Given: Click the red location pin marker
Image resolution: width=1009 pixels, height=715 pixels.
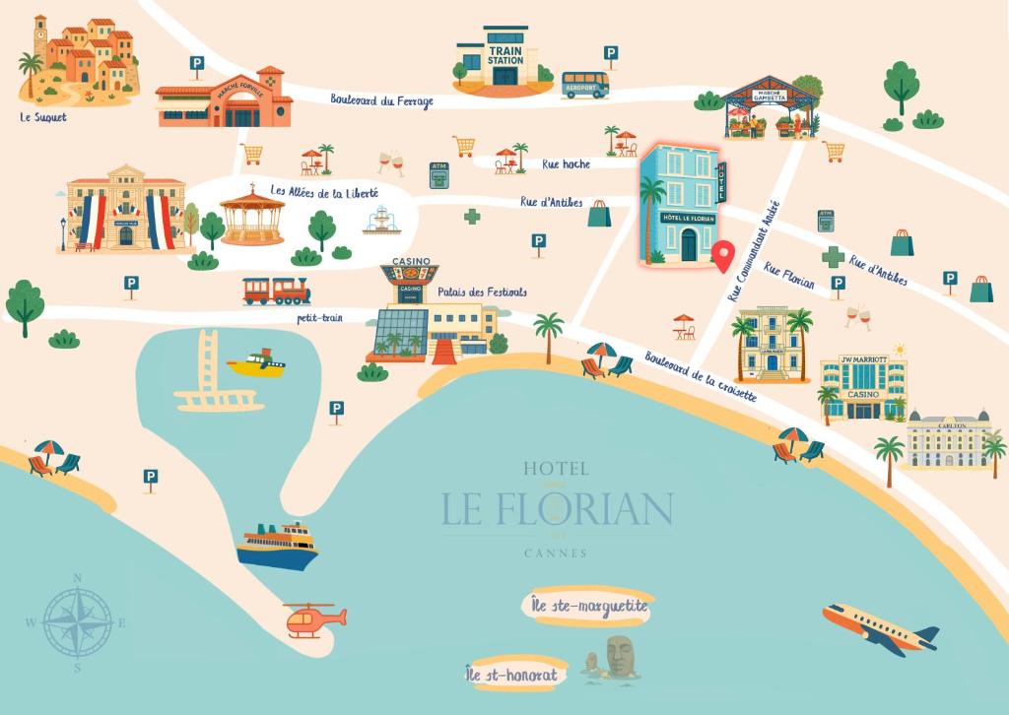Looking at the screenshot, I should click(x=723, y=255).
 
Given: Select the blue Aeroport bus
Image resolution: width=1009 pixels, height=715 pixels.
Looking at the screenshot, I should click(x=585, y=85).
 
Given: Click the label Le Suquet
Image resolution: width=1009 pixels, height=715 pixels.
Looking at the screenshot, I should click(x=43, y=116).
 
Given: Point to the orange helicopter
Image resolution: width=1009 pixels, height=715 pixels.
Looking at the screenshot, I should click(x=314, y=618).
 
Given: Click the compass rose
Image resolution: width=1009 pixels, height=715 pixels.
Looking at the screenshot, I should click(x=78, y=622).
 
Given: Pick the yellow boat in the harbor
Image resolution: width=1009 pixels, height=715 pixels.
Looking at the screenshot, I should click(x=256, y=364).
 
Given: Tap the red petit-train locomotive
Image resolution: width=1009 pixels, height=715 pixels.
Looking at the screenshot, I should click(x=276, y=290).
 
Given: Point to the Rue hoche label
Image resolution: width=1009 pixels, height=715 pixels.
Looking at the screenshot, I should click(x=566, y=164).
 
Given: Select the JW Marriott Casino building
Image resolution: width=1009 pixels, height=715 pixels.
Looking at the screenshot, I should click(x=863, y=387).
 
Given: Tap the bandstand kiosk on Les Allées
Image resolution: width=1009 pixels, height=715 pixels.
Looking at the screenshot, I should click(x=252, y=217).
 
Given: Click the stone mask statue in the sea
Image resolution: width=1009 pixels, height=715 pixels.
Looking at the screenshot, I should click(x=618, y=657).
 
